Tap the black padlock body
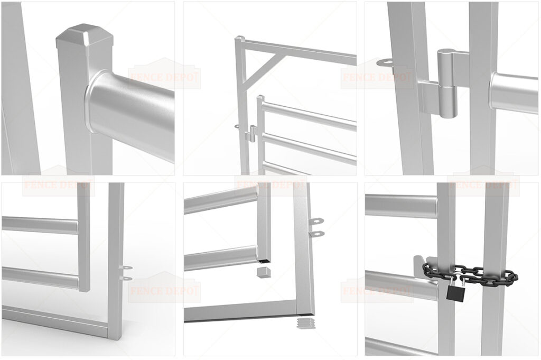pyautogui.click(x=454, y=291)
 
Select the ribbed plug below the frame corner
pyautogui.click(x=303, y=322)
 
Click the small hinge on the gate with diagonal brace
pyautogui.click(x=253, y=132)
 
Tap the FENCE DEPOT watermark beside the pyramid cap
pyautogui.click(x=165, y=78)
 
